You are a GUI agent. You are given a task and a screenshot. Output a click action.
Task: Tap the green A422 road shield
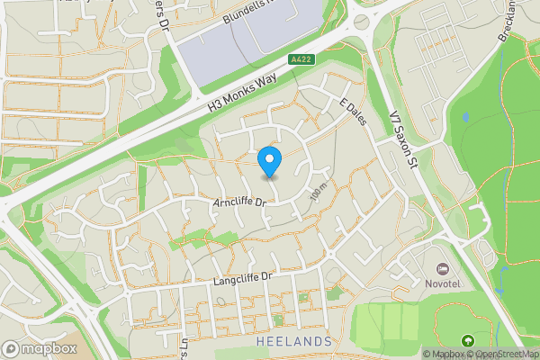click(301, 59)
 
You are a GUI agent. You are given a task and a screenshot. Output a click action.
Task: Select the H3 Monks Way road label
click(240, 91)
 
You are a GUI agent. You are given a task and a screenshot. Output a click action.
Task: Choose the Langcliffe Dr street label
click(242, 281)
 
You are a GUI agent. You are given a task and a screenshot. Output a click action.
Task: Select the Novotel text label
click(442, 283)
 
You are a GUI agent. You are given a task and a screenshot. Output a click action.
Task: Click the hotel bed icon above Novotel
click(442, 269)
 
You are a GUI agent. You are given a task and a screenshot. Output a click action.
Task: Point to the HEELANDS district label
click(292, 343)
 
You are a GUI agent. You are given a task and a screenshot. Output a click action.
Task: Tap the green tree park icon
click(468, 341)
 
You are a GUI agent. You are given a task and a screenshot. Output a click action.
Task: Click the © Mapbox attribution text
click(445, 354)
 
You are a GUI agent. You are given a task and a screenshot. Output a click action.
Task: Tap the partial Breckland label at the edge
click(508, 22)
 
